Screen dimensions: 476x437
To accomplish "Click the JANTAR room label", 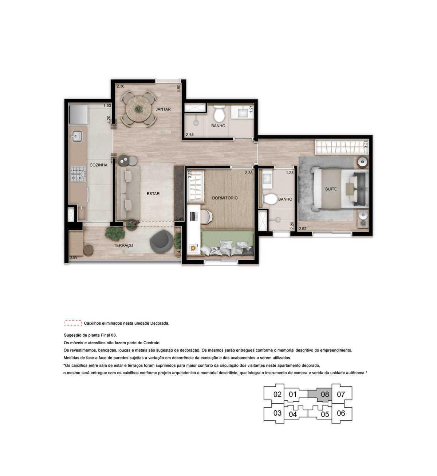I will [163, 109].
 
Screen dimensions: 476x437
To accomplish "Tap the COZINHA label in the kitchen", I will [98, 165].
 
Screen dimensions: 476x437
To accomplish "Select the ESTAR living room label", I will [153, 194].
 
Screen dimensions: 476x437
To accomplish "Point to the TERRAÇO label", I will [123, 245].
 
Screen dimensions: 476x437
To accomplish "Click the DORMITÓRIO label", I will [225, 198].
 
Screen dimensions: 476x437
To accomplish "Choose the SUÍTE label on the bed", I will [331, 189].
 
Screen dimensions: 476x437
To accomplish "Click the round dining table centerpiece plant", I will [138, 108].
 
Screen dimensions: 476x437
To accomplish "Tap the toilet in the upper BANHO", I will [219, 114].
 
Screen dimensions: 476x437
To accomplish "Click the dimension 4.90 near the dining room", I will [178, 89].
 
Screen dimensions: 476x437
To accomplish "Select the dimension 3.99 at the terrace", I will [74, 257].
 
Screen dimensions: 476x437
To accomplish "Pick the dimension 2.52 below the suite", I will [302, 229].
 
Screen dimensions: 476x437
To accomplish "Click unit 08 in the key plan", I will [325, 394].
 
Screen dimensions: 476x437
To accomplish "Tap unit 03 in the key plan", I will [277, 413].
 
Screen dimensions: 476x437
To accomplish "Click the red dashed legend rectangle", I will [73, 323].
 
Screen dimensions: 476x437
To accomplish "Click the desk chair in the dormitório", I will [208, 216].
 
